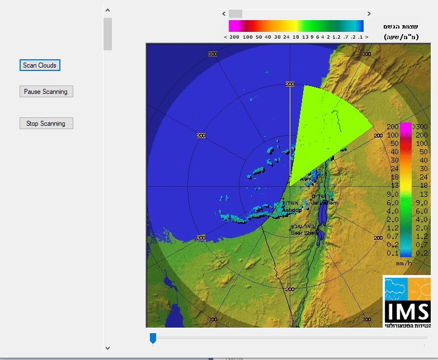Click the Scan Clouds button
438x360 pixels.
(39, 65)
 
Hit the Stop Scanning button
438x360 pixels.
(46, 124)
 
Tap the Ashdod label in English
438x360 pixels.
(292, 210)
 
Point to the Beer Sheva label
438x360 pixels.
(304, 233)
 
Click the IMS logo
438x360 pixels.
(407, 302)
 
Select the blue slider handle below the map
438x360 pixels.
(153, 338)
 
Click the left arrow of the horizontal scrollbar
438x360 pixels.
(224, 13)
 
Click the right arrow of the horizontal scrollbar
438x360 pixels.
(369, 13)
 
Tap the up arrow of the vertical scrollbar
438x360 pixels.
(107, 10)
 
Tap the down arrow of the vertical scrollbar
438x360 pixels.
(107, 348)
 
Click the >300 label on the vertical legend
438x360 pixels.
(420, 127)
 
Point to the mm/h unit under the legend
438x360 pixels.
(404, 263)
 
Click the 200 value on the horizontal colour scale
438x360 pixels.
(234, 37)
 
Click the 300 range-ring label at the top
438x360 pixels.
(213, 54)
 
